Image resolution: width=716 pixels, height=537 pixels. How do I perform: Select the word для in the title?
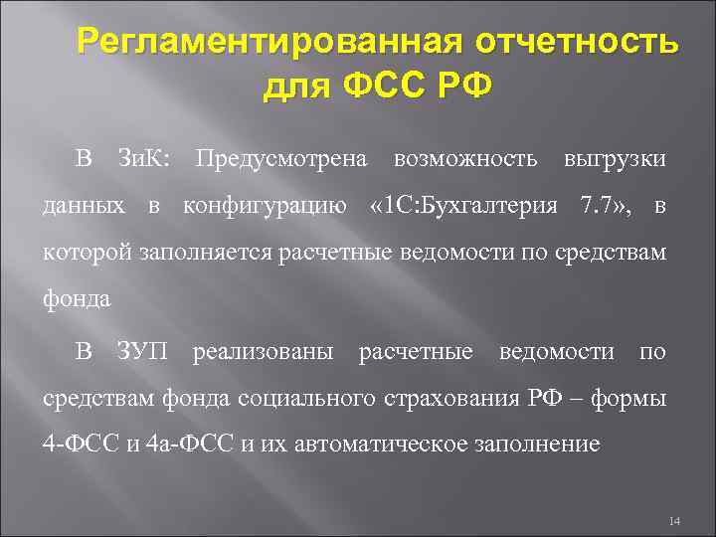coord(297,88)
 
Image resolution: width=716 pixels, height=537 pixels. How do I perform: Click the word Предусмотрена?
coord(281,159)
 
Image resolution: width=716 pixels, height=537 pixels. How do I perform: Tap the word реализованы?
coord(264,351)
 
